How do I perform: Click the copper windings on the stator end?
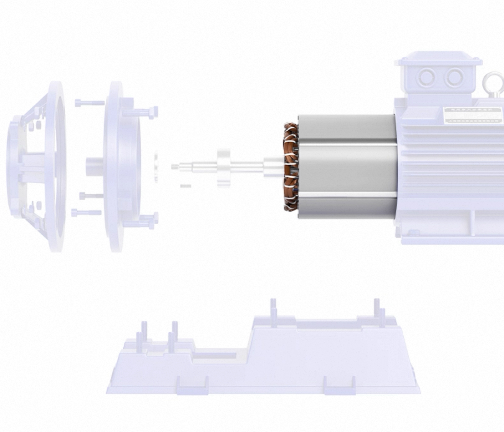coord(290,167)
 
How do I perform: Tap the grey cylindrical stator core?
coord(347,167)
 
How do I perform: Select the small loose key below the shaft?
coord(186,185)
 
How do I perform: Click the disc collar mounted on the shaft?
coord(222,167)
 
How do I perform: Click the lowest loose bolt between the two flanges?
coord(86,213)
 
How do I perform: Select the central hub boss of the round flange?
coord(94,167)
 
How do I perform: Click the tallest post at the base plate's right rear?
coord(377,309)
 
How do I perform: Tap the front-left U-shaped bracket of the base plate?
coord(192,386)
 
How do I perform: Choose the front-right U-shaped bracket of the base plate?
coord(340,386)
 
